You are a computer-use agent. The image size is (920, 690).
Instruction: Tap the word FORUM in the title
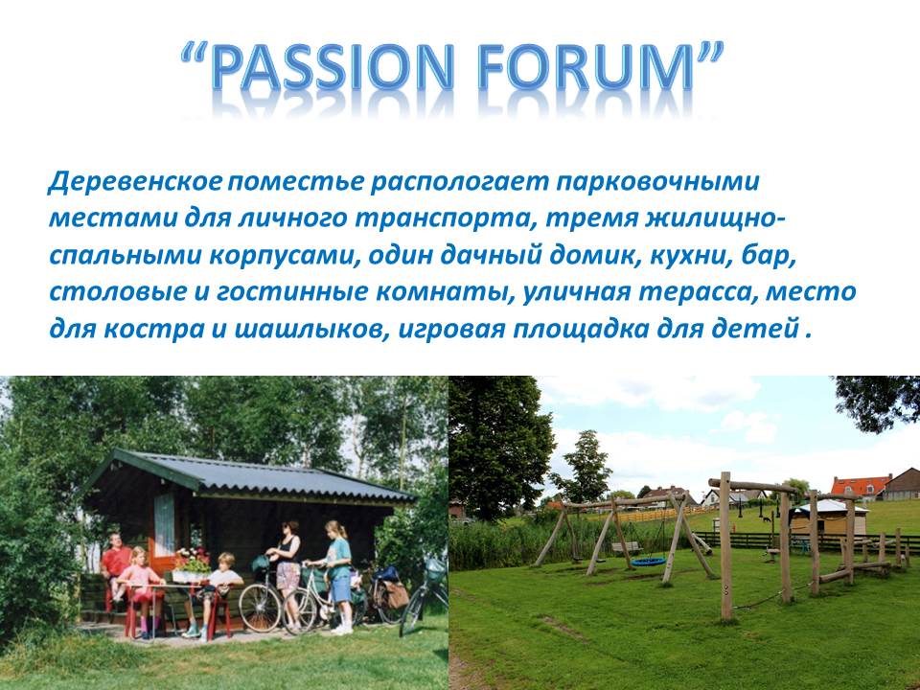coord(586,66)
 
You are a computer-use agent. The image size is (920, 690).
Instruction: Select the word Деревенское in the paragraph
coord(135,182)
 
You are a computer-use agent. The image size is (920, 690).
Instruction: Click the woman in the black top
coord(287,572)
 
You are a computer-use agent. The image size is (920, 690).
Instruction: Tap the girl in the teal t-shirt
coord(338,575)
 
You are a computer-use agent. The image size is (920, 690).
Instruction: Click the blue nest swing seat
coord(648,562)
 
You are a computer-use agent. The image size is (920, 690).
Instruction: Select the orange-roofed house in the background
coord(861,487)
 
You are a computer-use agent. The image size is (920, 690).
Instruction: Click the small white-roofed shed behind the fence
coord(828,517)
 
